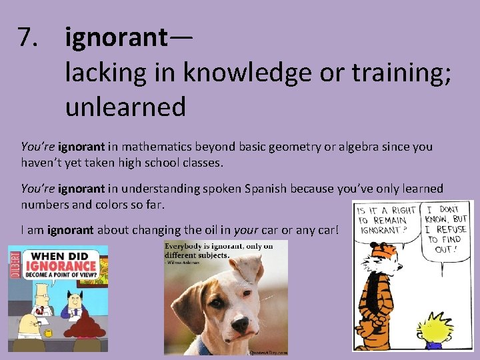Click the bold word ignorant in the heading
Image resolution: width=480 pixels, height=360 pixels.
(x=117, y=39)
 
